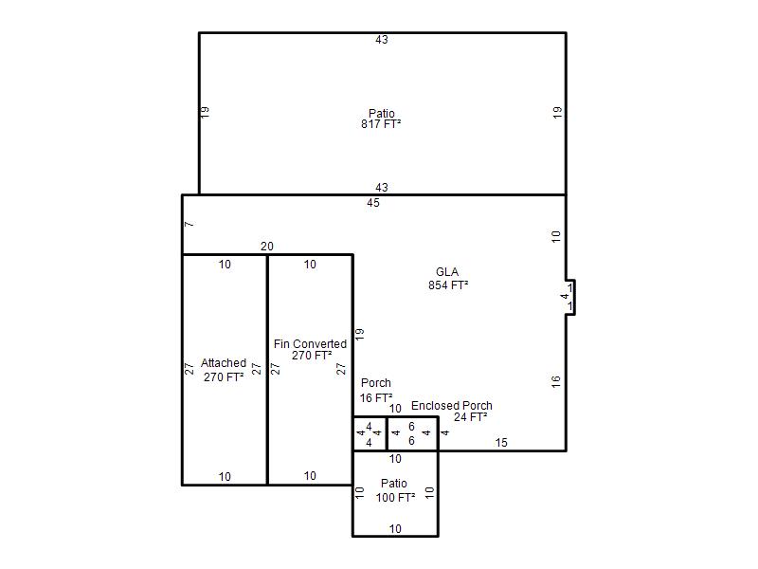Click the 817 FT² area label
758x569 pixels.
tap(381, 124)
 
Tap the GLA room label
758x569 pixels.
tap(447, 272)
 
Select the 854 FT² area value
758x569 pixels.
tap(448, 285)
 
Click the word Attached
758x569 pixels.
tap(224, 363)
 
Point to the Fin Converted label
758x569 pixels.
tap(310, 344)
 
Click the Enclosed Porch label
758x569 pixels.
tap(452, 406)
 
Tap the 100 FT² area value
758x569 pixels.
tap(395, 497)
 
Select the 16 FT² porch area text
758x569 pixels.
tap(376, 397)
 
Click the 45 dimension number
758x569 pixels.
tap(373, 203)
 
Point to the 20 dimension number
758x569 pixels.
tap(267, 247)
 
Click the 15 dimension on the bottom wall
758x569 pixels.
tap(501, 442)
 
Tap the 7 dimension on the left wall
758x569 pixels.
tap(189, 224)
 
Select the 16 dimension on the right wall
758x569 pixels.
tap(555, 381)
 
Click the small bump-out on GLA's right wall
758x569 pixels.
tap(570, 297)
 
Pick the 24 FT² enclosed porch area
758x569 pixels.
tap(470, 417)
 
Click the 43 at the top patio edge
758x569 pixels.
tap(382, 40)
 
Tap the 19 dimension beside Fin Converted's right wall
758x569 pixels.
tap(360, 334)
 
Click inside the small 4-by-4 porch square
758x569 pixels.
tap(370, 434)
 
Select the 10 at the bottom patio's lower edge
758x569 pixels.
tap(395, 529)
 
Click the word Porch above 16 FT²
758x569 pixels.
tap(376, 383)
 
